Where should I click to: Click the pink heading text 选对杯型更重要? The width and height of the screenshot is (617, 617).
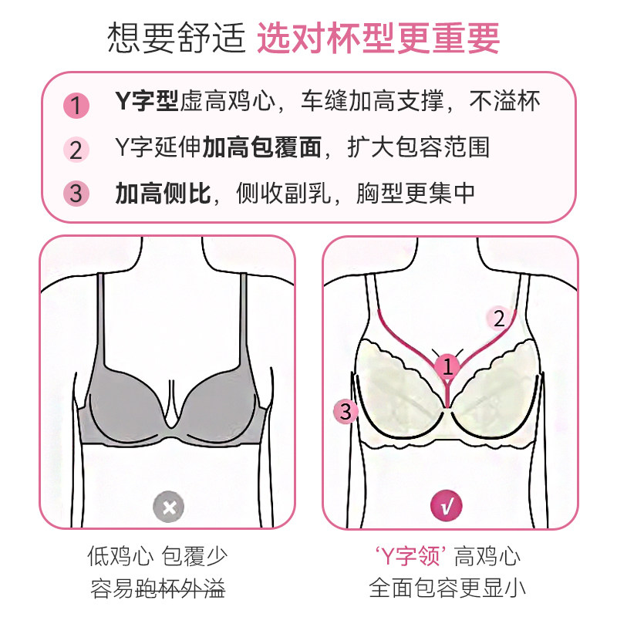click(378, 37)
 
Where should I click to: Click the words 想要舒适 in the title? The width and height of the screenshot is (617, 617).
click(174, 37)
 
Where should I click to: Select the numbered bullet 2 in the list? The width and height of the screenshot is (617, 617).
click(76, 149)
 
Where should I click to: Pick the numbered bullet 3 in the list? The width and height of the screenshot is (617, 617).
click(76, 193)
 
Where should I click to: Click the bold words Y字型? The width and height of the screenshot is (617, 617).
click(147, 102)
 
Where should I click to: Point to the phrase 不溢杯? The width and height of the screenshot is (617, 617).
click(504, 102)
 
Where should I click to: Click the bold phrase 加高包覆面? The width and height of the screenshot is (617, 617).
click(261, 147)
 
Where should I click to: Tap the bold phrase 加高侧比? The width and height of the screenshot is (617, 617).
click(163, 193)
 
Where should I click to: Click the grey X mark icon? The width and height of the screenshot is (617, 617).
click(167, 507)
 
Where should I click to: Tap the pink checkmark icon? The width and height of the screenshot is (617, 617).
click(448, 507)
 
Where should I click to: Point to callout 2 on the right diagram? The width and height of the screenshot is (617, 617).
click(499, 318)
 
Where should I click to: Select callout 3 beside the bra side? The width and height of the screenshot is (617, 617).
click(346, 412)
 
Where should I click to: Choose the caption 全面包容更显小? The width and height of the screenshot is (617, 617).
click(448, 589)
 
